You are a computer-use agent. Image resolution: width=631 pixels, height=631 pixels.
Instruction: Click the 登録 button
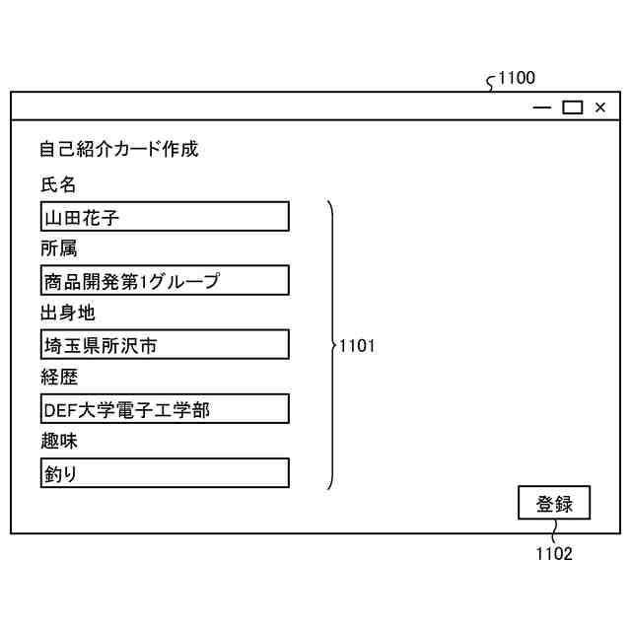[x=553, y=503]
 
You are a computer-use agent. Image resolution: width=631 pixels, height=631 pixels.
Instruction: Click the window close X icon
[x=600, y=107]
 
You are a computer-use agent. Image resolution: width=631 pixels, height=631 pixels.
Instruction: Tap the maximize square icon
[x=572, y=107]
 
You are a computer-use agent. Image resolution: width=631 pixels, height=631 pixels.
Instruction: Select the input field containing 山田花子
[x=165, y=217]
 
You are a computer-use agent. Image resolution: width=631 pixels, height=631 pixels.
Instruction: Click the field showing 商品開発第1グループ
[x=165, y=281]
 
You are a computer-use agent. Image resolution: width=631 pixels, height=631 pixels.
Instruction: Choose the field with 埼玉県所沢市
[x=165, y=345]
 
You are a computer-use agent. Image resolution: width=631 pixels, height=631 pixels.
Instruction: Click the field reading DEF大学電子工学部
[x=165, y=409]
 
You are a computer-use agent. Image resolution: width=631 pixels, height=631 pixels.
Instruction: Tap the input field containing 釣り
[x=165, y=473]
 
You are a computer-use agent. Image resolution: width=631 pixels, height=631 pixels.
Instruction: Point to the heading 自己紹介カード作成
[x=118, y=150]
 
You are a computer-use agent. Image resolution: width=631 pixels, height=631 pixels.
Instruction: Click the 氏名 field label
[x=58, y=184]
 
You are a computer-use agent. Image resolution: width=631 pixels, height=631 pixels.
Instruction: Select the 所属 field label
[x=58, y=248]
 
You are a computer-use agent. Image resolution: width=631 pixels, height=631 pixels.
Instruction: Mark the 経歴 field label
[x=58, y=377]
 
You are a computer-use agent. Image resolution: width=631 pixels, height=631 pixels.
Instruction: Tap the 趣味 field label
[x=58, y=441]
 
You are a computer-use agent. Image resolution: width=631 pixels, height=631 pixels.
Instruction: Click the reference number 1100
[x=517, y=79]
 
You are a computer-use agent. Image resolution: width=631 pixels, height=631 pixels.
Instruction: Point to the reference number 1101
[x=357, y=346]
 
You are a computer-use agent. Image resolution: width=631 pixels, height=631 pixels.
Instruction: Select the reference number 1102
[x=553, y=553]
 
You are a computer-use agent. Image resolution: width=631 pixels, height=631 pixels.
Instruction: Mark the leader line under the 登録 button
[x=552, y=532]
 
